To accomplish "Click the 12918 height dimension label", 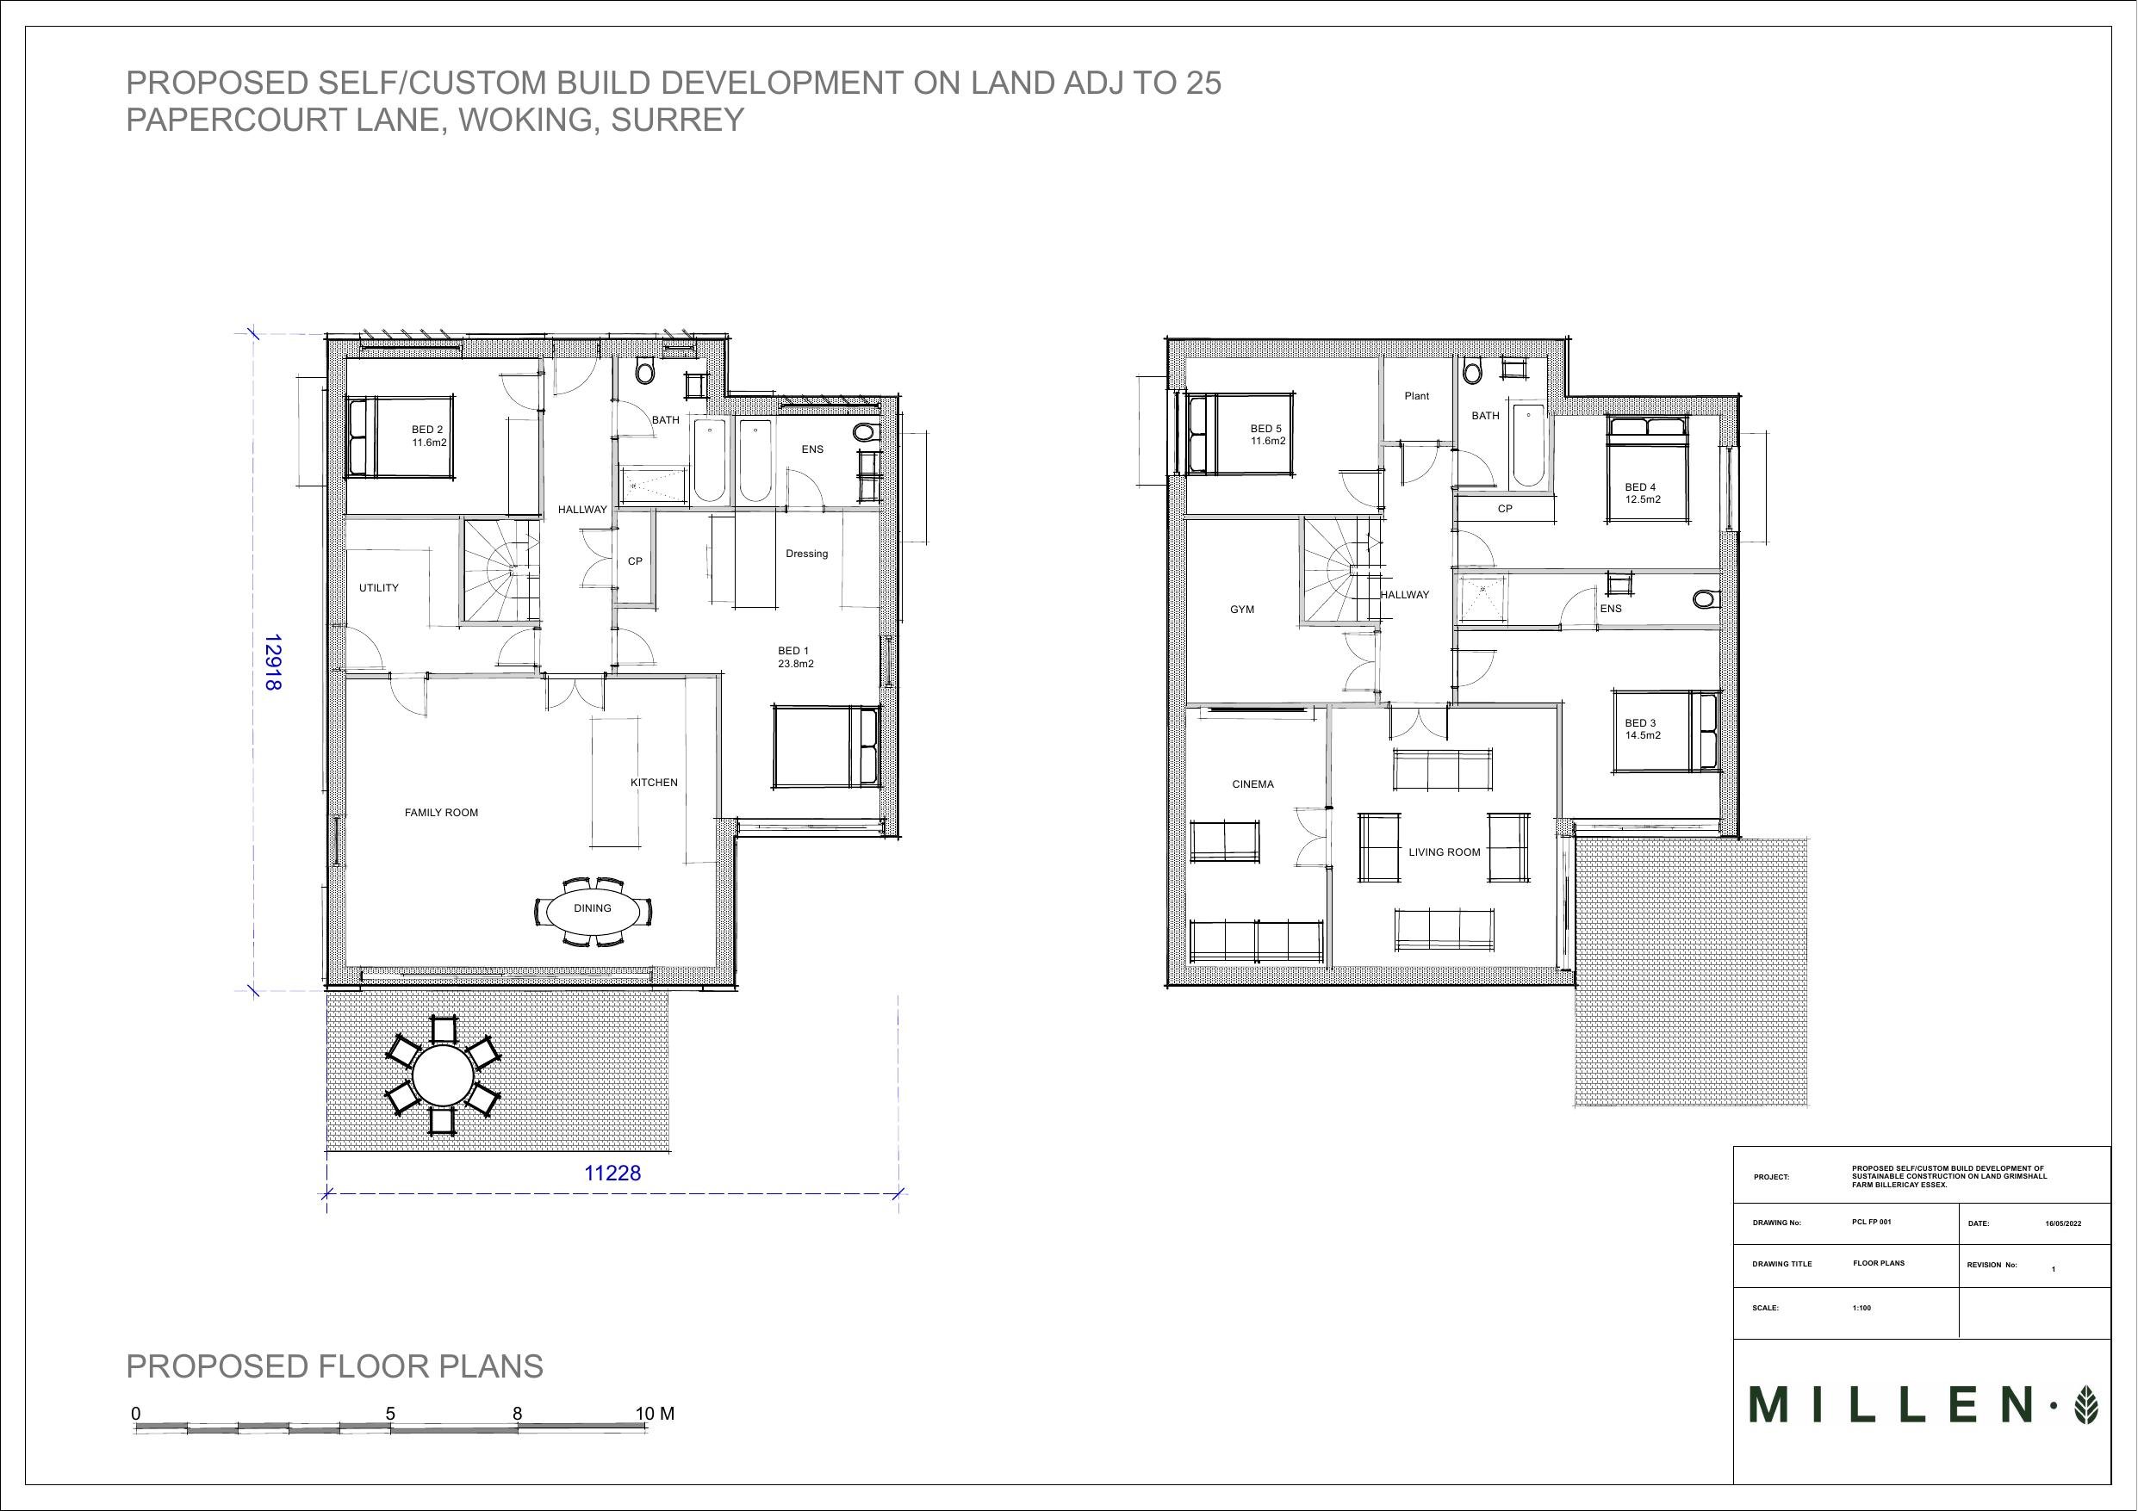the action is [x=273, y=663].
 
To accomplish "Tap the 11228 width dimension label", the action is [x=612, y=1173].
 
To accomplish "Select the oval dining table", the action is [x=593, y=908].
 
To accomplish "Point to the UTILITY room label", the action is [x=379, y=588].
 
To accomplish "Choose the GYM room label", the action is [x=1242, y=610].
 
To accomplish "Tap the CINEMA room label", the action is [x=1252, y=783].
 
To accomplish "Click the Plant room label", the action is [x=1416, y=396].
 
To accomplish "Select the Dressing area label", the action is [x=806, y=554].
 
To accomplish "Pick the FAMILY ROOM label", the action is [x=441, y=813].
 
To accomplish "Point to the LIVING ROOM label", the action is [x=1445, y=851].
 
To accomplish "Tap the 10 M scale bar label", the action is [x=655, y=1413].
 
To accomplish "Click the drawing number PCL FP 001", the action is [x=1872, y=1222].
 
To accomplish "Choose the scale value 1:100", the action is [x=1861, y=1308].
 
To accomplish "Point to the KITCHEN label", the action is [x=655, y=783].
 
